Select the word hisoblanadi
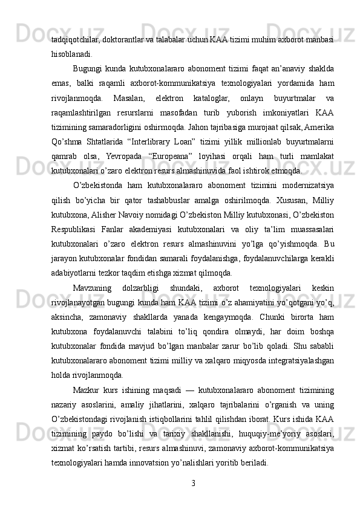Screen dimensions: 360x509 coord(69,53)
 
